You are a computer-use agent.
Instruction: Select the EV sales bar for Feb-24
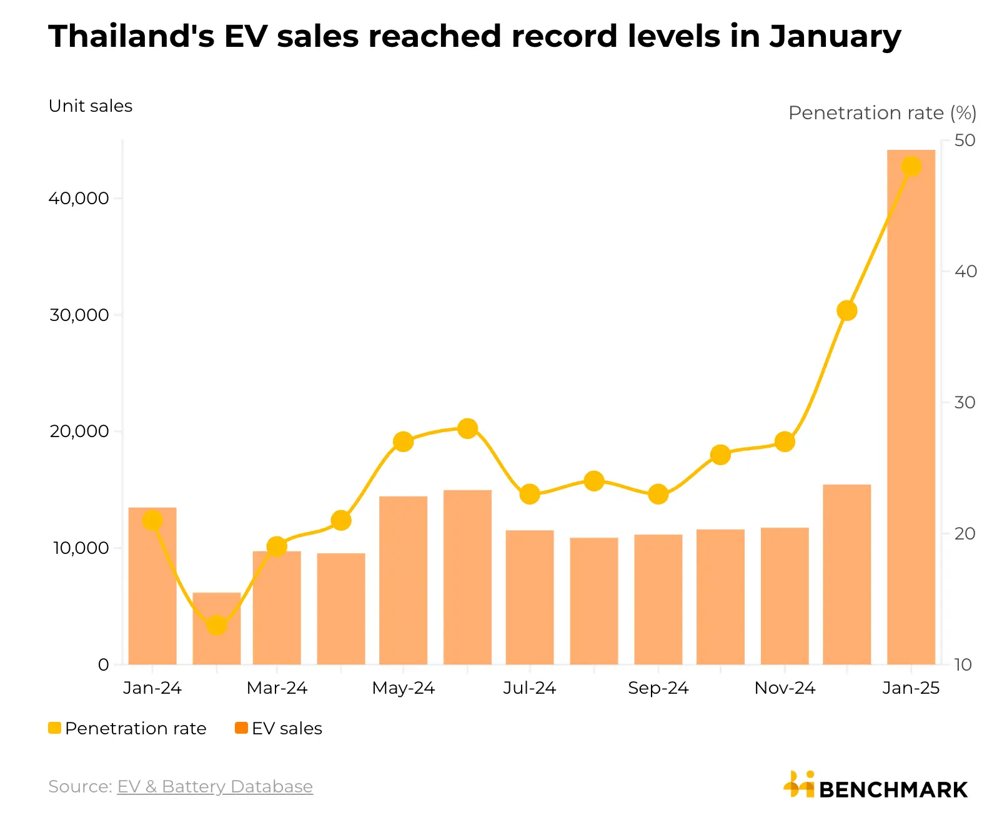(x=216, y=643)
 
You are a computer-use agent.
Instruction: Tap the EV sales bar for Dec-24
(x=846, y=574)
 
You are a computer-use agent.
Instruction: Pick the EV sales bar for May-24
(x=403, y=581)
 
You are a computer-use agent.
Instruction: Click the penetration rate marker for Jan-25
(x=911, y=167)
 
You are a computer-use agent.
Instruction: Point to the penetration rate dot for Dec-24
(x=846, y=310)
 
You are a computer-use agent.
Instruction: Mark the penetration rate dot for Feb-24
(x=216, y=625)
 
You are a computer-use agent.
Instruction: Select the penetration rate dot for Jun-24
(x=467, y=428)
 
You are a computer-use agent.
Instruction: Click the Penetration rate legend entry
(x=127, y=728)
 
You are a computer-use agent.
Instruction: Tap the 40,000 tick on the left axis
(x=79, y=199)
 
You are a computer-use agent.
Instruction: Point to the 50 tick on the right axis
(x=965, y=140)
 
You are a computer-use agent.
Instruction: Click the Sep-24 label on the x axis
(x=658, y=688)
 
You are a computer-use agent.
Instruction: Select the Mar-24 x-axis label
(x=277, y=688)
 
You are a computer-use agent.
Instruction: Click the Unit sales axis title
(x=91, y=106)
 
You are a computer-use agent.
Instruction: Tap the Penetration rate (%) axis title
(x=881, y=113)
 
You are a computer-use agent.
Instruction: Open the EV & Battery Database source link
(x=215, y=787)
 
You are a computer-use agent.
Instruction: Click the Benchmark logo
(x=875, y=786)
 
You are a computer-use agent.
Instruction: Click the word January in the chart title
(x=835, y=36)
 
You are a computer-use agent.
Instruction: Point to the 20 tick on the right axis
(x=965, y=534)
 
